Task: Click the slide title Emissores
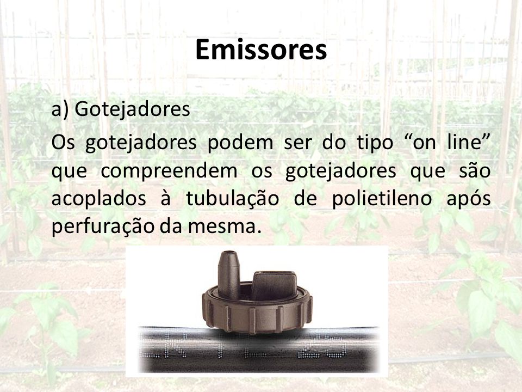tap(261, 50)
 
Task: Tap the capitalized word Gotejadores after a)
tap(132, 109)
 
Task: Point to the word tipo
tap(375, 143)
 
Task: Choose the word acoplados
tap(99, 199)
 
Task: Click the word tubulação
tap(232, 199)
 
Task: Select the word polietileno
tap(382, 199)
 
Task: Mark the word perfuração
tap(103, 227)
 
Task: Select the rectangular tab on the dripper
tap(274, 285)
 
